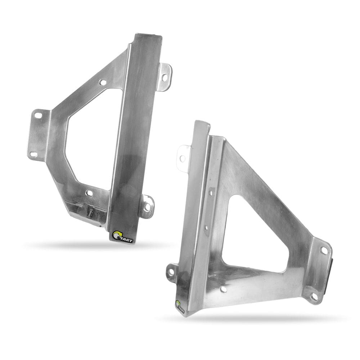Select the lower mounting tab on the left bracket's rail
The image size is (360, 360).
click(147, 207)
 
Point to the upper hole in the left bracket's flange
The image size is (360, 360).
click(37, 116)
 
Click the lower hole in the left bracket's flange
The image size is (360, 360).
click(33, 154)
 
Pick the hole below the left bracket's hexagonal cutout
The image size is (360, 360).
click(89, 193)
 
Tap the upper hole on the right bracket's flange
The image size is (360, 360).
click(323, 250)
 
